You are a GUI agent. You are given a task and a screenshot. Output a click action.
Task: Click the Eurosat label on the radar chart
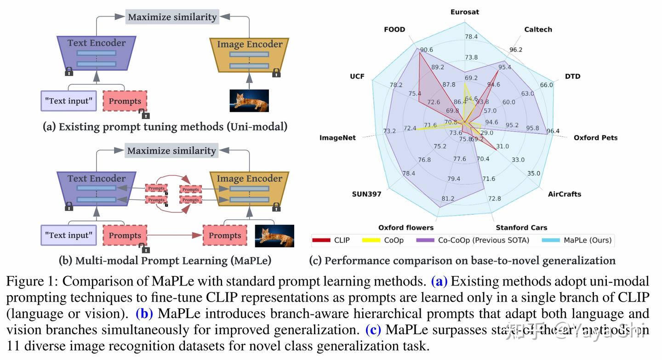coord(465,12)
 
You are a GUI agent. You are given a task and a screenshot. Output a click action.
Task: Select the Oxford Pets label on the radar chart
coord(595,137)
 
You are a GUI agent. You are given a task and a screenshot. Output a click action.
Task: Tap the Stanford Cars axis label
coord(521,228)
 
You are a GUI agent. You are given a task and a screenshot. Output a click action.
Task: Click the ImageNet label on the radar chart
coord(337,137)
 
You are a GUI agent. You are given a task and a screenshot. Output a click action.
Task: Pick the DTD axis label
coord(572,76)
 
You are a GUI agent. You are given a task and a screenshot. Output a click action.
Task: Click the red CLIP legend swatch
coord(321,240)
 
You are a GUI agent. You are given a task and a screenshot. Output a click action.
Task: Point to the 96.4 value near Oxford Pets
coord(553,131)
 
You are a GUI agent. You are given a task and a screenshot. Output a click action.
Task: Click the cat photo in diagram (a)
coord(249,101)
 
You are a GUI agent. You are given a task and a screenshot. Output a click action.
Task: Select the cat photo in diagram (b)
coord(274,236)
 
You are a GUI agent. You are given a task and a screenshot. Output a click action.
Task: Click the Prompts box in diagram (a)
coord(125,101)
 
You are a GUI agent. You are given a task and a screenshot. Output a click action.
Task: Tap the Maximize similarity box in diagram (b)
coord(171,151)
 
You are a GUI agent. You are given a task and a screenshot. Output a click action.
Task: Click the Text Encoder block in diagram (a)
coord(97,53)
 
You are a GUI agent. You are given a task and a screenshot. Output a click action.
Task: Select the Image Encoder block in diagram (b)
coord(249,189)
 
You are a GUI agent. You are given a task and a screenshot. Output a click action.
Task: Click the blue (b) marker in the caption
coord(144,314)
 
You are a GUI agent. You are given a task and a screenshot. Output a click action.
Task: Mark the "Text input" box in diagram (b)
coord(69,235)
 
